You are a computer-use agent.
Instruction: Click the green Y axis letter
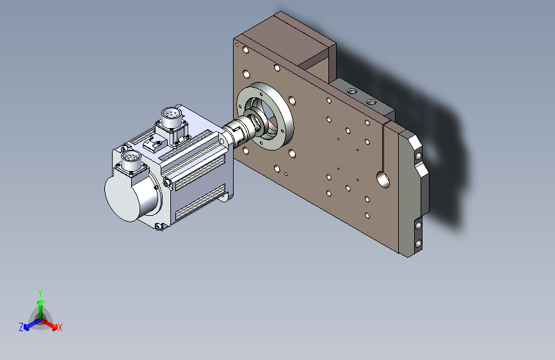click(40, 293)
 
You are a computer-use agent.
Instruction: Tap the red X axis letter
click(60, 327)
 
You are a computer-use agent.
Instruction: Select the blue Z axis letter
click(21, 327)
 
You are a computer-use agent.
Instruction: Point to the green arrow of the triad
click(41, 310)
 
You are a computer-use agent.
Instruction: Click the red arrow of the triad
click(49, 324)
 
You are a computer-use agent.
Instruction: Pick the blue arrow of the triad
click(33, 324)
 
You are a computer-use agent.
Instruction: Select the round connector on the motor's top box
click(172, 116)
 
